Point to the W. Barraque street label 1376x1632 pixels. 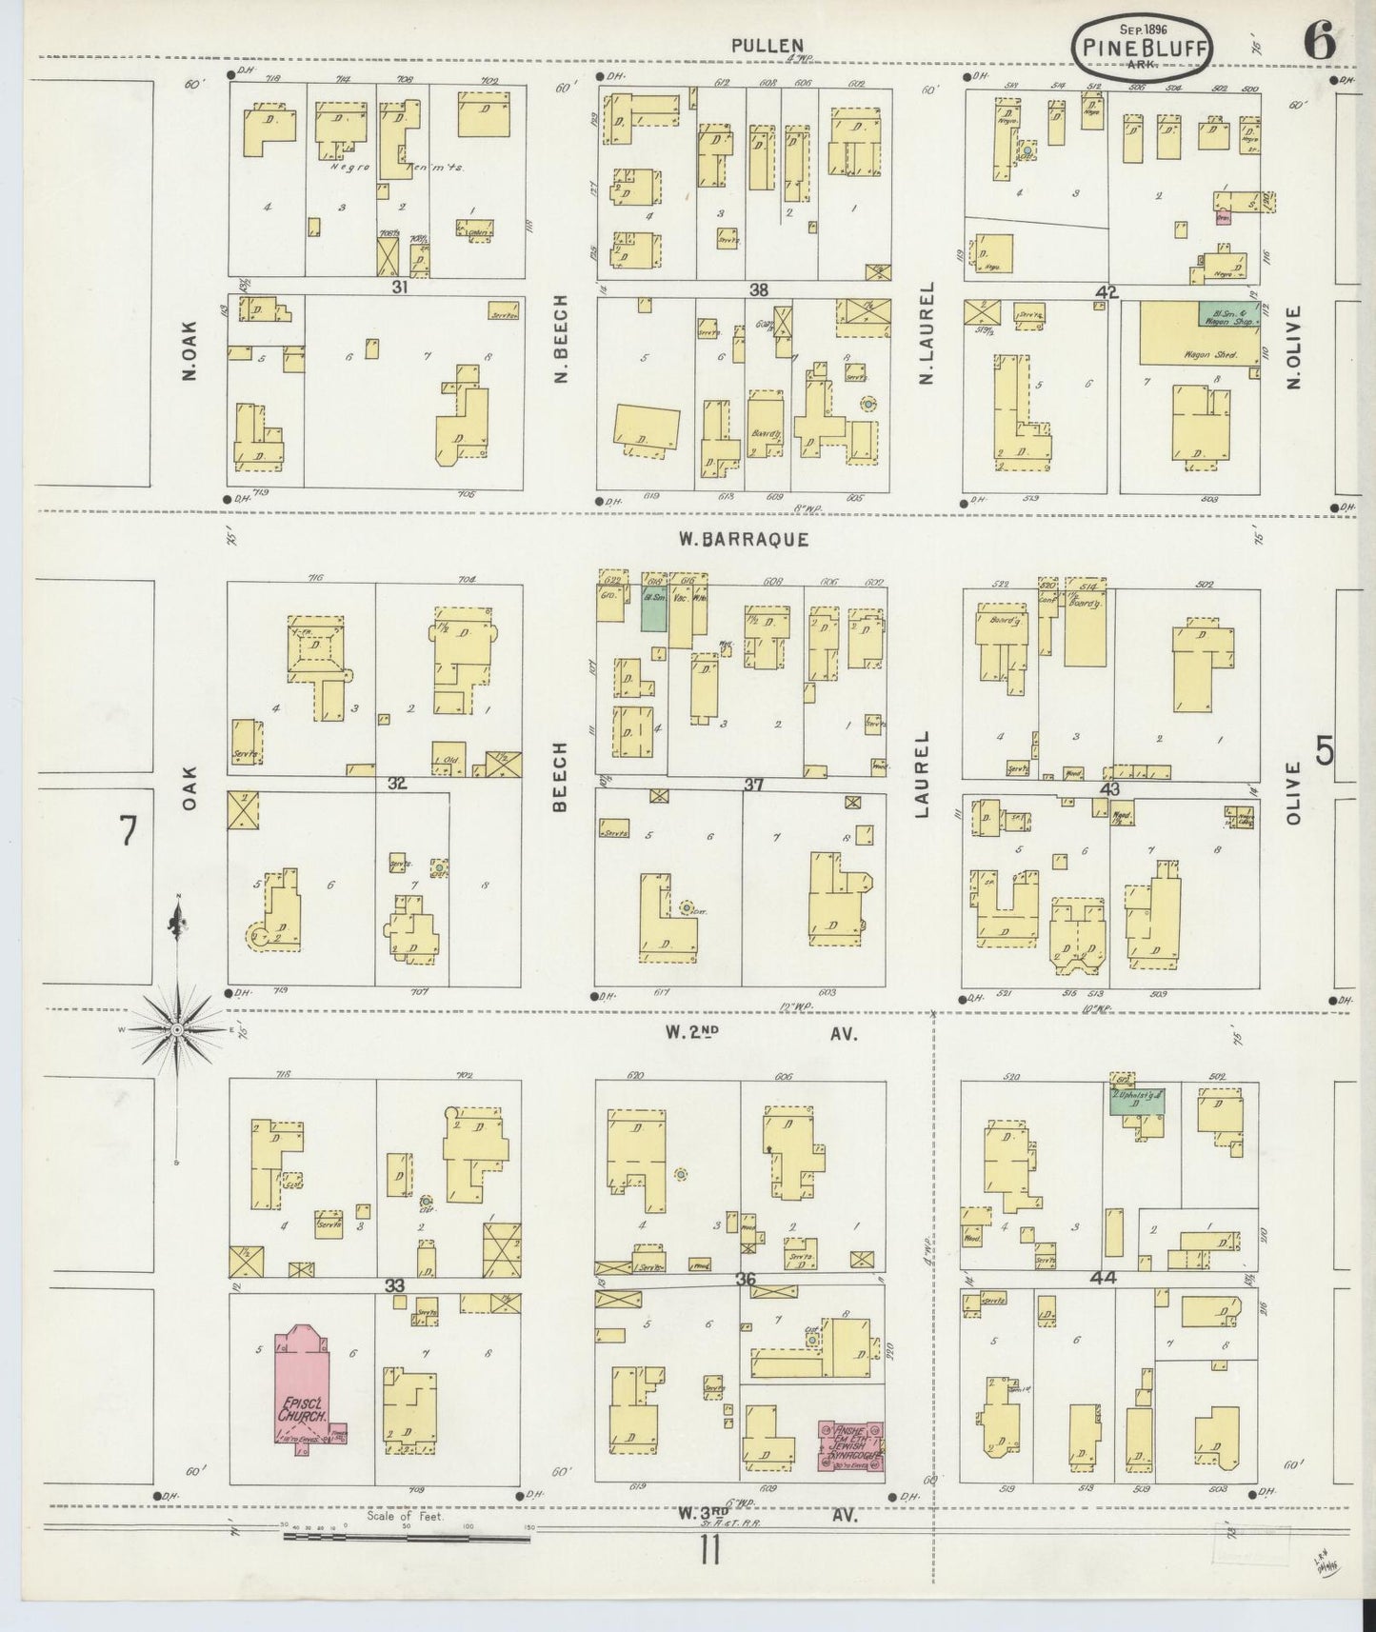click(744, 539)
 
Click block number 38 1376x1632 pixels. click(758, 290)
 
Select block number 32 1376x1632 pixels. click(398, 784)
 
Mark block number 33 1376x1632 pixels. click(394, 1285)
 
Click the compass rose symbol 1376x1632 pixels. click(178, 1030)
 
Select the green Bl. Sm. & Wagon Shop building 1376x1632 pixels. click(1228, 316)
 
